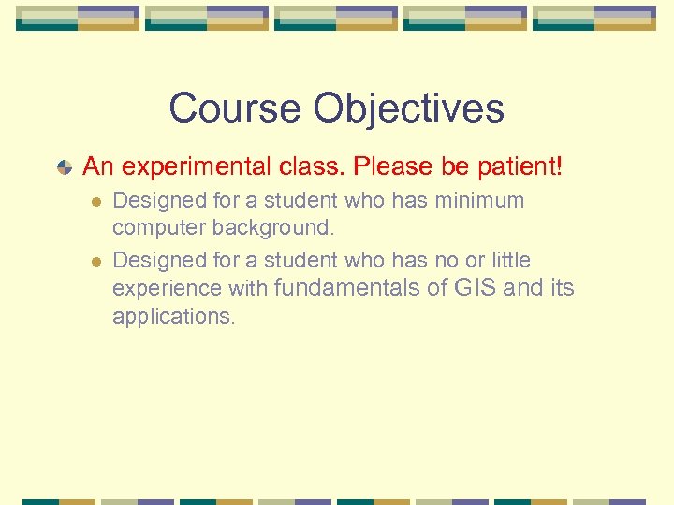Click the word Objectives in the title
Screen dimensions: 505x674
point(408,108)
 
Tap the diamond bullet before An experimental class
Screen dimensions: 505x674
point(64,168)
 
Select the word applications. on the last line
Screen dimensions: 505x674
point(174,317)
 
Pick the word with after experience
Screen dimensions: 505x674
point(247,289)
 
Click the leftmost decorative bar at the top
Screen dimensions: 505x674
point(78,18)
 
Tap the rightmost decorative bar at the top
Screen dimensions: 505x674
point(594,18)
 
